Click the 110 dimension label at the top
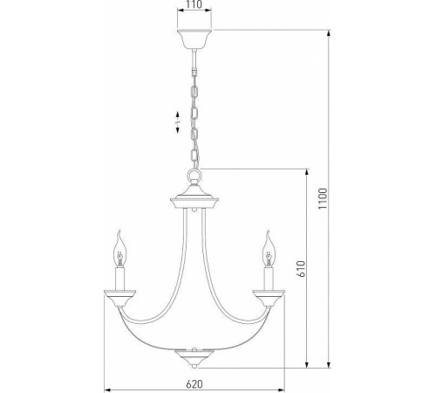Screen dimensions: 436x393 click(x=194, y=4)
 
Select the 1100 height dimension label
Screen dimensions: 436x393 click(x=323, y=198)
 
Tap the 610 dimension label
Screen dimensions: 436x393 click(x=301, y=269)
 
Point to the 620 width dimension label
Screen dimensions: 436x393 click(x=194, y=384)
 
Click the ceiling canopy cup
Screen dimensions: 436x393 click(x=194, y=38)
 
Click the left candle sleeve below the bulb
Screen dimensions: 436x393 click(x=119, y=279)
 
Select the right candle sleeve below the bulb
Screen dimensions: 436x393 click(x=269, y=279)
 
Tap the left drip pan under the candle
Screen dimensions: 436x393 click(x=119, y=298)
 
